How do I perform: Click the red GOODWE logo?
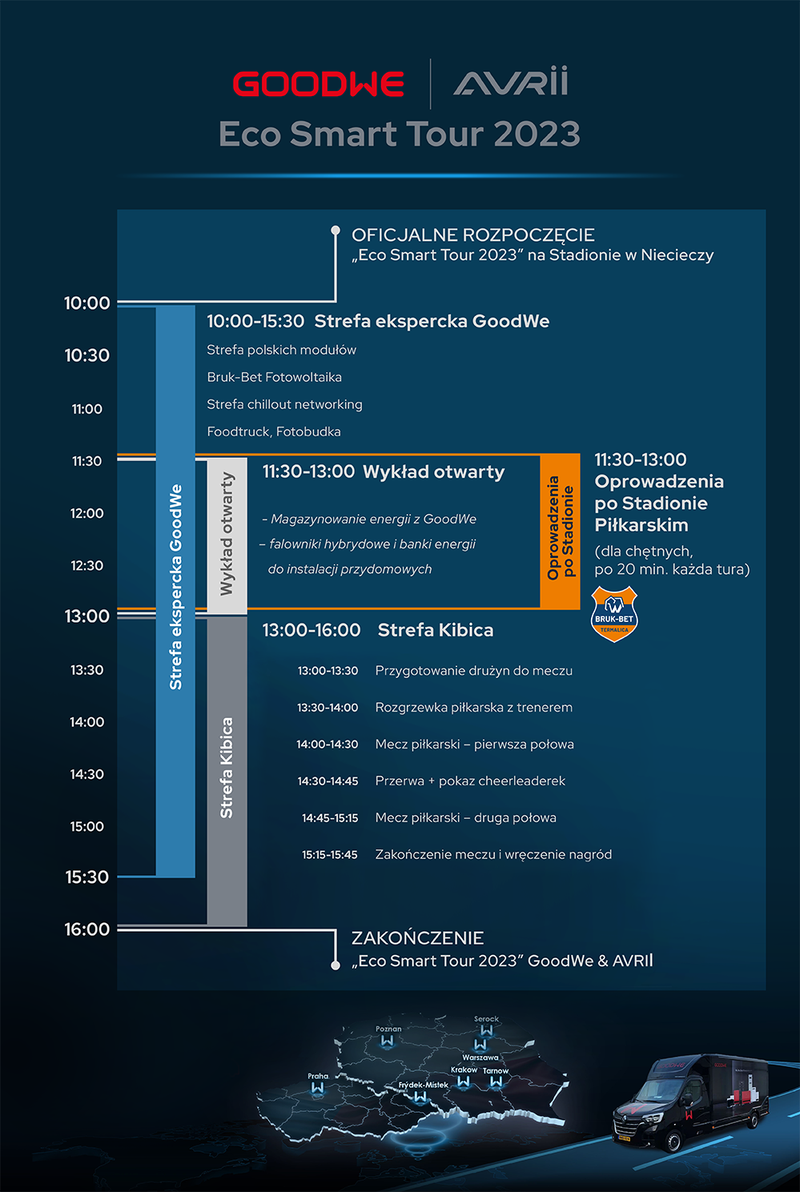coord(318,84)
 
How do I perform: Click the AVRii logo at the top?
coord(511,82)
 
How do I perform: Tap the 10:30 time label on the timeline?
coord(86,355)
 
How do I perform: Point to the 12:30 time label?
coord(86,566)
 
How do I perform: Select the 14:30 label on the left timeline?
coord(86,774)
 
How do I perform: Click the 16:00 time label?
coord(86,929)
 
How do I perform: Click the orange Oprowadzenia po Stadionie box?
coord(560,530)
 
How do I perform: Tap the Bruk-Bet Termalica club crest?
coord(614,614)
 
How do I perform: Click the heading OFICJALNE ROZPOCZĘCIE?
coord(472,235)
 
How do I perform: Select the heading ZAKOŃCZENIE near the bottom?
coord(417,938)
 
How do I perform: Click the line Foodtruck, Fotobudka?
coord(274,431)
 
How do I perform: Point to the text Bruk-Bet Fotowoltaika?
coord(274,377)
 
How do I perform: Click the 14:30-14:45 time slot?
coord(328,781)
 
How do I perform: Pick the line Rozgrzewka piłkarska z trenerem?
coord(473,708)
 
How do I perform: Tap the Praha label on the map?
coord(318,1076)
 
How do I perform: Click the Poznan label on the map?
coord(388,1029)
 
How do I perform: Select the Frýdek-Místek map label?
coord(424,1086)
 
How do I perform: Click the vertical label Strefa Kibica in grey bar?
coord(227,767)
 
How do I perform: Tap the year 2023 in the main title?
coord(537,134)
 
